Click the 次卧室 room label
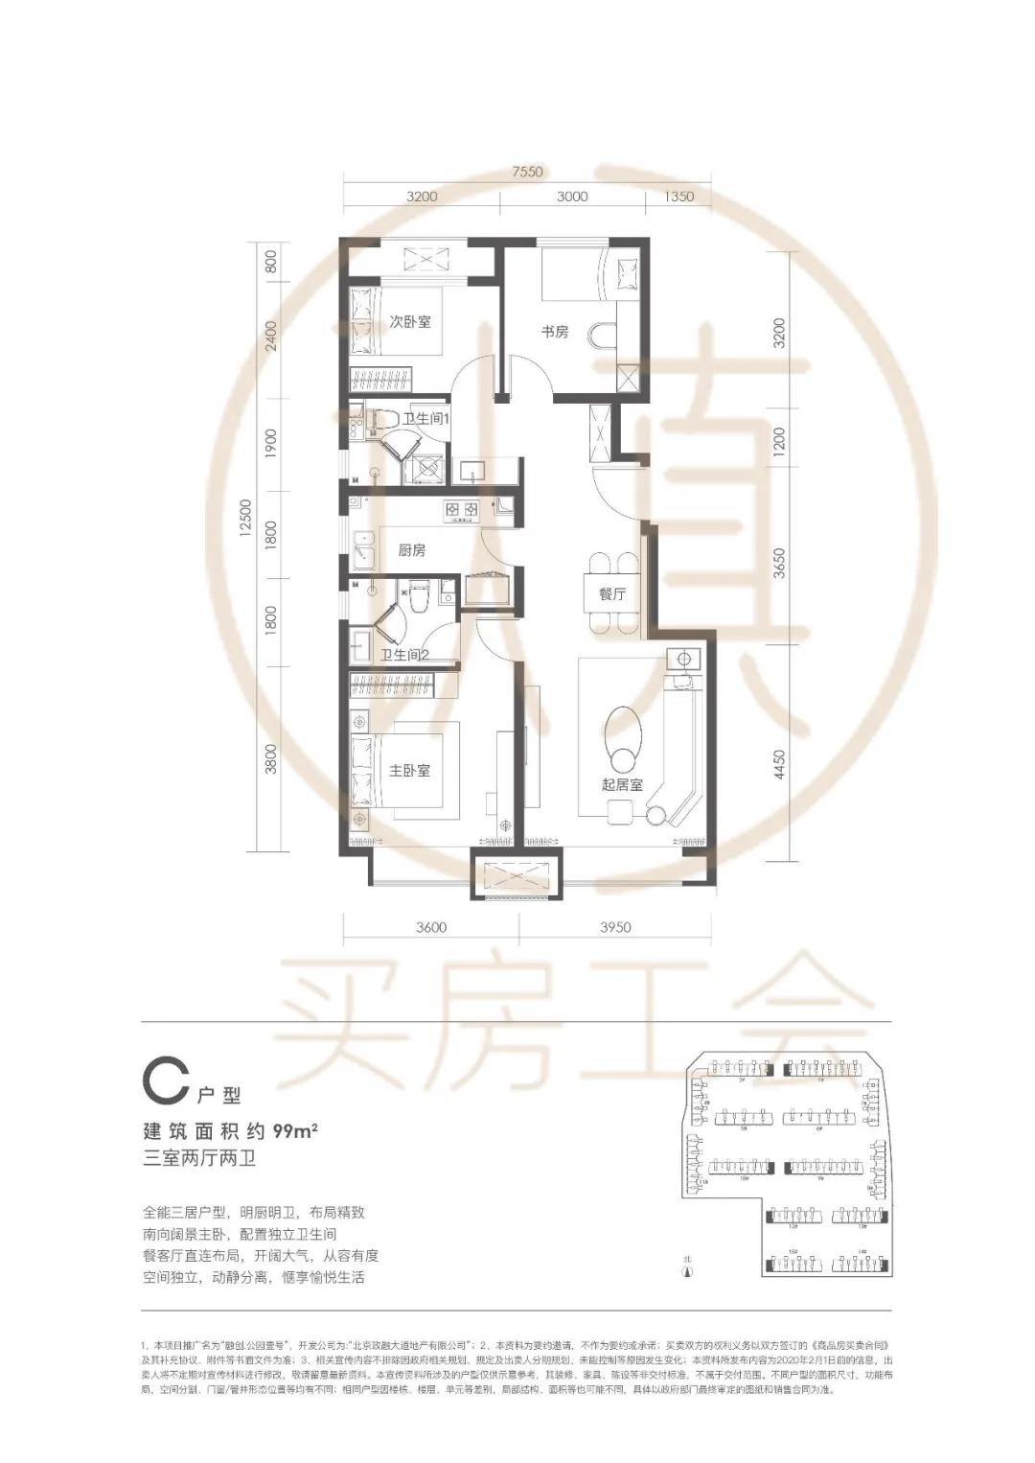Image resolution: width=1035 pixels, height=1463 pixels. pos(410,321)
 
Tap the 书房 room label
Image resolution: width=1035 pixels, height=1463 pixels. pos(555,332)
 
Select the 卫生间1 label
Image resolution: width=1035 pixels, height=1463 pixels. pos(426,419)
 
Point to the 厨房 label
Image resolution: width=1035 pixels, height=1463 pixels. pos(412,550)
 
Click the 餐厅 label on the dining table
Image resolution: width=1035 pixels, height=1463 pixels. pos(612,594)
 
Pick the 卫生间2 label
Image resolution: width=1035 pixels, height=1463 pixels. pos(404,656)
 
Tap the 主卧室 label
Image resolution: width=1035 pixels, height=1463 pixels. pos(410,771)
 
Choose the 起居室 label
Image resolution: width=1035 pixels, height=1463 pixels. pos(623,784)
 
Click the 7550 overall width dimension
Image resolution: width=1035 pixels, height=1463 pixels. pos(527,173)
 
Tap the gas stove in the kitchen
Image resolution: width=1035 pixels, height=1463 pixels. pos(460,510)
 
